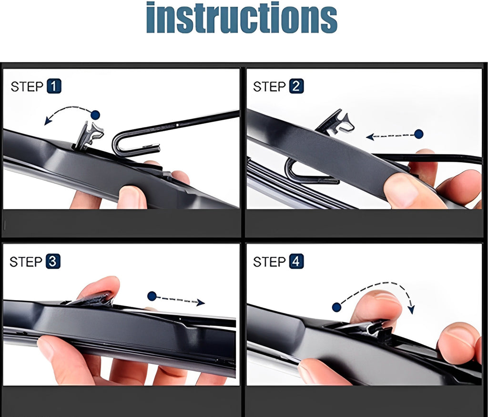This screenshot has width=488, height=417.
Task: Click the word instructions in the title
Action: (242, 17)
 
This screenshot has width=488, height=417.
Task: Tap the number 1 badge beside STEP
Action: (54, 86)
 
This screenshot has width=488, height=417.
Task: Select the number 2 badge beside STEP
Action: (296, 86)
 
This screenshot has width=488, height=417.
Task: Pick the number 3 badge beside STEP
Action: (53, 261)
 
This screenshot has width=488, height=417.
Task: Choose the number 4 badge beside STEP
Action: (296, 261)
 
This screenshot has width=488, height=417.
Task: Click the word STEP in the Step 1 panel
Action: (27, 87)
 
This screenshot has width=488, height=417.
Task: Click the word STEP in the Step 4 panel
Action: (269, 262)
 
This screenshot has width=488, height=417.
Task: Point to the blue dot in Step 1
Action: (95, 115)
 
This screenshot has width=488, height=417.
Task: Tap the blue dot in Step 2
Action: (419, 135)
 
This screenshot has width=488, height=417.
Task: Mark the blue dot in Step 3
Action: (152, 296)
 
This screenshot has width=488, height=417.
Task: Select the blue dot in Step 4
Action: (337, 307)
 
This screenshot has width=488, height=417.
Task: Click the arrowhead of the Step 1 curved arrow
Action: (47, 121)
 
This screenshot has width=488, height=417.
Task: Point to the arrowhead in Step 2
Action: (370, 136)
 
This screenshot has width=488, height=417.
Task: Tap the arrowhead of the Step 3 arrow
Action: (201, 302)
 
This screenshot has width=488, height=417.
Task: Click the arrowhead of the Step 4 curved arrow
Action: (411, 309)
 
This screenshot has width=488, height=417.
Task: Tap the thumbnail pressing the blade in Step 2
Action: (401, 189)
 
